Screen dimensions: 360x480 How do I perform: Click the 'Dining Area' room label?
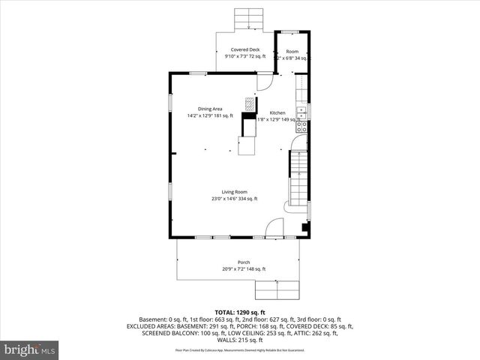click(210, 109)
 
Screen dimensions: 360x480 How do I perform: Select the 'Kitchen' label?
click(277, 112)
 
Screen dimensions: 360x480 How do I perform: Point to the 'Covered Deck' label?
click(245, 49)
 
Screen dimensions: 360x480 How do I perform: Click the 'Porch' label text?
click(244, 262)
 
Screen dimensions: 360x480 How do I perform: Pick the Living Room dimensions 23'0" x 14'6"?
click(234, 199)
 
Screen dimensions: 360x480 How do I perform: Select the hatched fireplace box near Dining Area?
click(250, 104)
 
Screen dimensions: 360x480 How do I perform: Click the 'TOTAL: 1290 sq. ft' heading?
click(240, 311)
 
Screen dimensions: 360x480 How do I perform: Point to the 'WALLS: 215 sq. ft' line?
click(240, 340)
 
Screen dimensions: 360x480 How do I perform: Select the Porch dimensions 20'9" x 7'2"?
click(244, 269)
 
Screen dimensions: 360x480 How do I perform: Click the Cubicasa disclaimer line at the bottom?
click(240, 349)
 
